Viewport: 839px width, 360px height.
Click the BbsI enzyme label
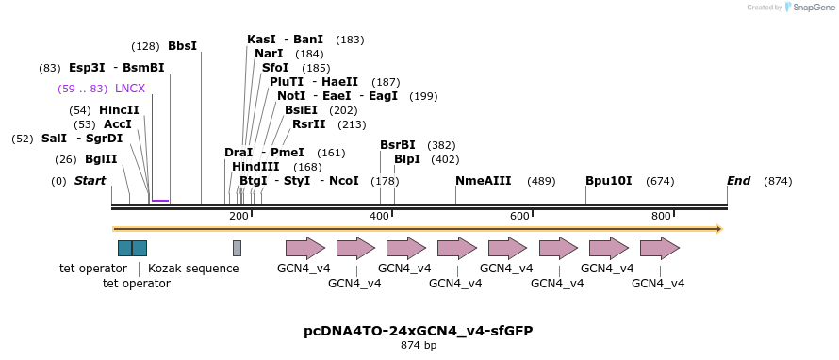182,46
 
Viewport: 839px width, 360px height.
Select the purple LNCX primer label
130,89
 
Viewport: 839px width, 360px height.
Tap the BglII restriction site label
101,159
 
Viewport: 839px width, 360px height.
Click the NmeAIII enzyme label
483,181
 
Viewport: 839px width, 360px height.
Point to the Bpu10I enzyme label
608,181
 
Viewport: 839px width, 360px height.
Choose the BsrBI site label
397,145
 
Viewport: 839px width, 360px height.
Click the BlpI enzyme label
407,159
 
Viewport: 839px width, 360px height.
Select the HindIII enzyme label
255,167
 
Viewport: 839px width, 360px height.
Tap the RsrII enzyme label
308,124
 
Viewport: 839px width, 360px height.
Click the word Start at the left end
90,181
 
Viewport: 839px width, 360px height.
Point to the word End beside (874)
738,181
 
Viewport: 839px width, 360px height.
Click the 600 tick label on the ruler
519,217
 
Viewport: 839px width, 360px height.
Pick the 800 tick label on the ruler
661,217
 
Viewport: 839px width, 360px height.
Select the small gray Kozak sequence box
237,248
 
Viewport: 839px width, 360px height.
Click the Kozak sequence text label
193,269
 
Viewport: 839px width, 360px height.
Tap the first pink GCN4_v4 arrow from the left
304,248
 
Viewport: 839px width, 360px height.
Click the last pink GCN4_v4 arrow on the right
659,248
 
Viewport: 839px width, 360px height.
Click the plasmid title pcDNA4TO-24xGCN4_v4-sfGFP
418,331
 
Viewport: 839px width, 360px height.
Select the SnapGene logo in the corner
807,8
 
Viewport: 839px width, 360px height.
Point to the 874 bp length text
418,346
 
